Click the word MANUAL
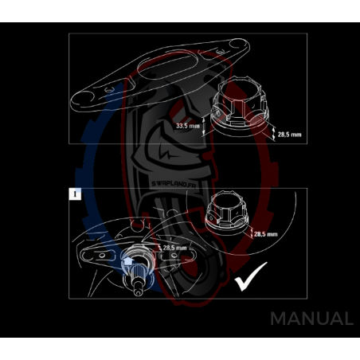click(311, 319)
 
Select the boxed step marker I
click(75, 195)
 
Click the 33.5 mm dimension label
click(188, 126)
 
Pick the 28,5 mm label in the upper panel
click(290, 135)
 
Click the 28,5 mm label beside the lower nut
click(266, 234)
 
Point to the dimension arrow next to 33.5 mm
click(206, 126)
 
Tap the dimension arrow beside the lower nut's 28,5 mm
click(249, 234)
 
